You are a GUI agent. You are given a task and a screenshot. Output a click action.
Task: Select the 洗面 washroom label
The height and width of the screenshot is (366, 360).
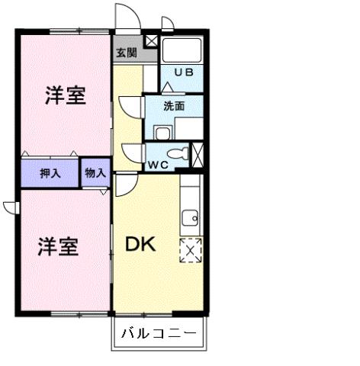tap(174, 107)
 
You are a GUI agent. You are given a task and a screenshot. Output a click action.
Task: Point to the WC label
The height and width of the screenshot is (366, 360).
tap(159, 165)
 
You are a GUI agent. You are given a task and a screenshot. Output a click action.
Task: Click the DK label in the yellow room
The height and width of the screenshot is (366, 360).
tap(141, 245)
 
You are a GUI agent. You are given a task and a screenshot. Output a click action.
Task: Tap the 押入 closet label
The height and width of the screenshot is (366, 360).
tap(50, 174)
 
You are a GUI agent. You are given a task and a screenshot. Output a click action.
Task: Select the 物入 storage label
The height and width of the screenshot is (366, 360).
tap(96, 174)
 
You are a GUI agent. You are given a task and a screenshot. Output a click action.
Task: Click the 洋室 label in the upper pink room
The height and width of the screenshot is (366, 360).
tap(64, 97)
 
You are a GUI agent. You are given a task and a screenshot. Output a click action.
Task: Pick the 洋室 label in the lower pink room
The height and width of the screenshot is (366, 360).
tap(58, 247)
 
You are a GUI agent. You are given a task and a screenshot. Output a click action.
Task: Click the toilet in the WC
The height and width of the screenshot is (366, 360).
tap(178, 153)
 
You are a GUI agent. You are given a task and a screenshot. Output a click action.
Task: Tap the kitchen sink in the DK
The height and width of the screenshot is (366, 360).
tap(191, 218)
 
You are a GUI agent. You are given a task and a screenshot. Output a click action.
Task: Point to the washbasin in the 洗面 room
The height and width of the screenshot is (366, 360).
tap(162, 133)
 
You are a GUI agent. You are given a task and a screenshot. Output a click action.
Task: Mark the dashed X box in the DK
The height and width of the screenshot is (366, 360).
tap(189, 250)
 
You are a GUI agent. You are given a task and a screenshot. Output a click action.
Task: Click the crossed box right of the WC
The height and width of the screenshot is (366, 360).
tap(199, 155)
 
